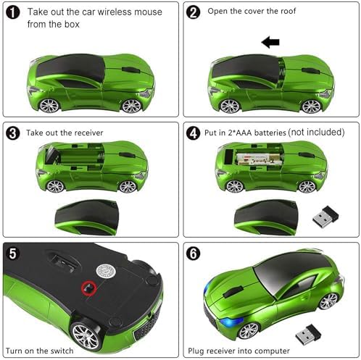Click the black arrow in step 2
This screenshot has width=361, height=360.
pyautogui.click(x=270, y=42)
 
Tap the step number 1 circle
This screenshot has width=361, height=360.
pyautogui.click(x=12, y=12)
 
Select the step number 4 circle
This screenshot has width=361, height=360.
pyautogui.click(x=193, y=133)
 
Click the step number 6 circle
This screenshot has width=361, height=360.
pyautogui.click(x=193, y=254)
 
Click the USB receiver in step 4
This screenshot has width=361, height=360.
pyautogui.click(x=325, y=217)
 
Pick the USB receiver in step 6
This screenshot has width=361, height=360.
pyautogui.click(x=308, y=335)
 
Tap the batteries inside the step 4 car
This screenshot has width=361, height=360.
pyautogui.click(x=259, y=159)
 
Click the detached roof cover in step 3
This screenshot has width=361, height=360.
pyautogui.click(x=87, y=217)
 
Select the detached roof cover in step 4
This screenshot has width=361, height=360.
pyautogui.click(x=266, y=217)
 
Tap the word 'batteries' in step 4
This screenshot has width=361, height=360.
pyautogui.click(x=270, y=133)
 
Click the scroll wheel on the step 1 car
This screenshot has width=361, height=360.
pyautogui.click(x=131, y=70)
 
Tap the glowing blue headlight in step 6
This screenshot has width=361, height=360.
pyautogui.click(x=231, y=322)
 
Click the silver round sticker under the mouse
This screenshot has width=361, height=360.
pyautogui.click(x=106, y=271)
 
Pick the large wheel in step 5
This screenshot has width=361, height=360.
pyautogui.click(x=85, y=335)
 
